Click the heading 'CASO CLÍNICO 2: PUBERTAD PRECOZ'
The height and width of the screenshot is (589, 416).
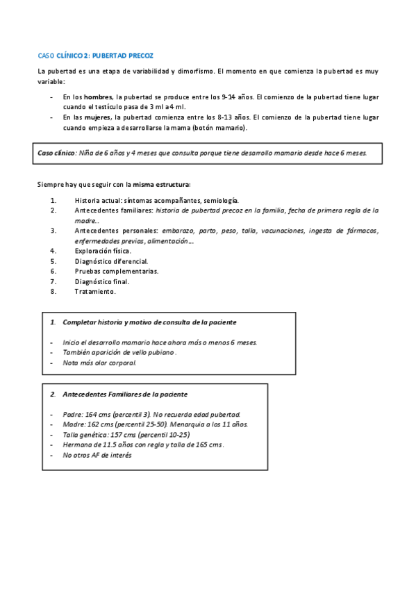(x=95, y=55)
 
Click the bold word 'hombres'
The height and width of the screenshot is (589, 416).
(x=98, y=97)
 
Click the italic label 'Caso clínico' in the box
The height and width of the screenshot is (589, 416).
(x=56, y=153)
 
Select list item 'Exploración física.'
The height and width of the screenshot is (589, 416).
(x=104, y=250)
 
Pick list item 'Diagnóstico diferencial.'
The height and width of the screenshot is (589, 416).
(x=111, y=260)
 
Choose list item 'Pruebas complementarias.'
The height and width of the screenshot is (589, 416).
(x=116, y=271)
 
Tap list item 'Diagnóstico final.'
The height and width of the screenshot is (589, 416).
(x=102, y=281)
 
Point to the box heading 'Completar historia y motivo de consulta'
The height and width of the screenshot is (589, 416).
(x=149, y=322)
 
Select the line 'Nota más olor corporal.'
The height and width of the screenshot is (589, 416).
(x=99, y=363)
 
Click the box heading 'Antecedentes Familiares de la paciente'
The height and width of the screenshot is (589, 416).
(x=125, y=395)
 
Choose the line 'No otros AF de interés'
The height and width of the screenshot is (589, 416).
(x=97, y=455)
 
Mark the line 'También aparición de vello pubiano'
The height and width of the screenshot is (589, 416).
(x=119, y=353)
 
